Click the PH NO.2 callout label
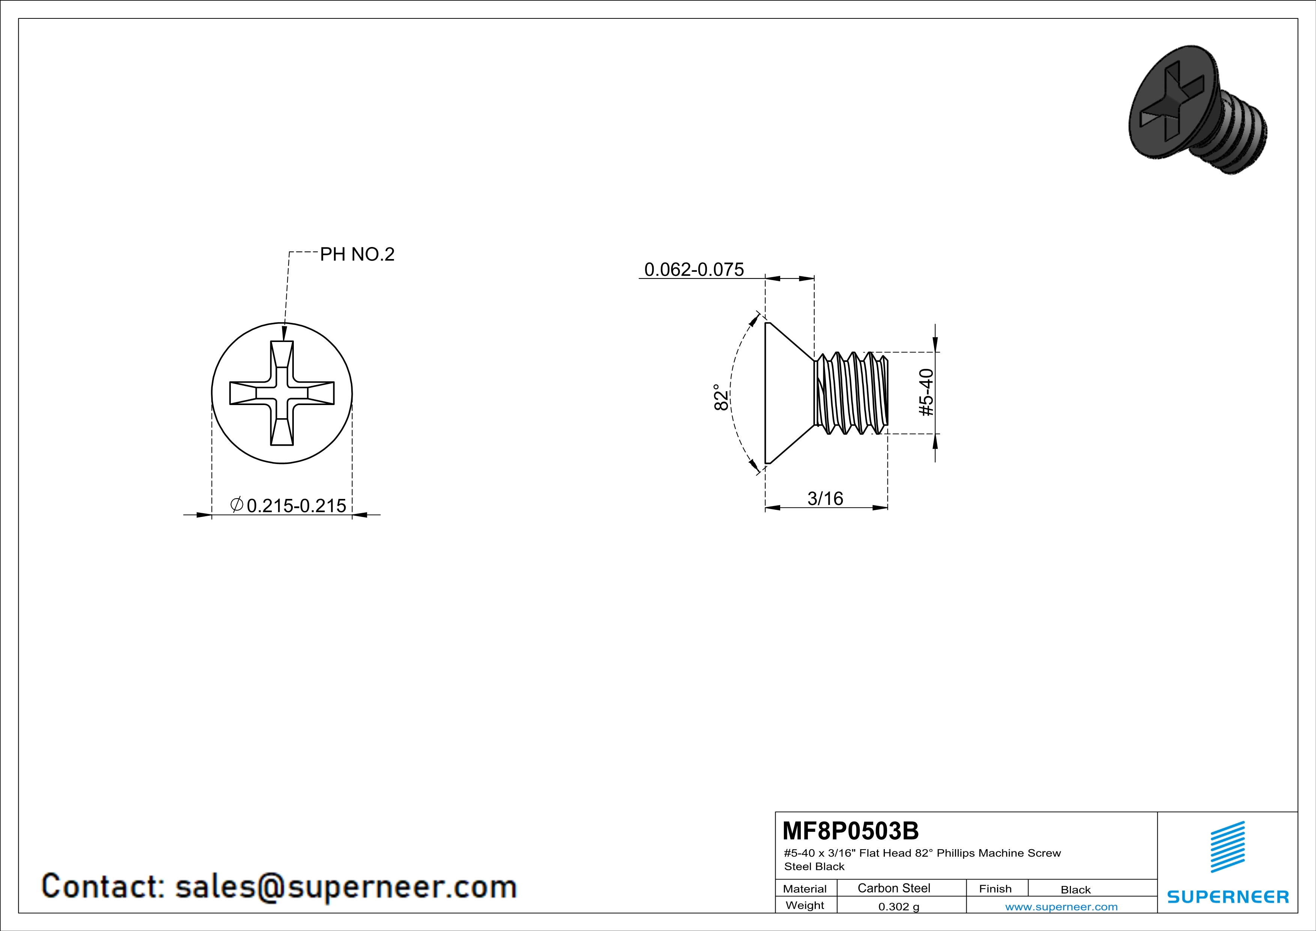(x=357, y=254)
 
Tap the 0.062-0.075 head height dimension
(x=694, y=270)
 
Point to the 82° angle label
(x=721, y=397)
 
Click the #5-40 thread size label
(x=926, y=392)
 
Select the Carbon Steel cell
(x=893, y=888)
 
